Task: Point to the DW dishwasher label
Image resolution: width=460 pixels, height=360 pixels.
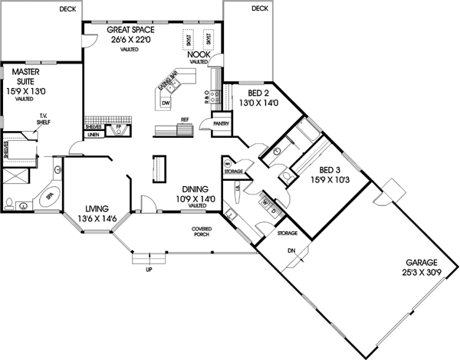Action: (165, 103)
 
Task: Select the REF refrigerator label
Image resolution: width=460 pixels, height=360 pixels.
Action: (184, 119)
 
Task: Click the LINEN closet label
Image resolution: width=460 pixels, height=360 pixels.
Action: (94, 134)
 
